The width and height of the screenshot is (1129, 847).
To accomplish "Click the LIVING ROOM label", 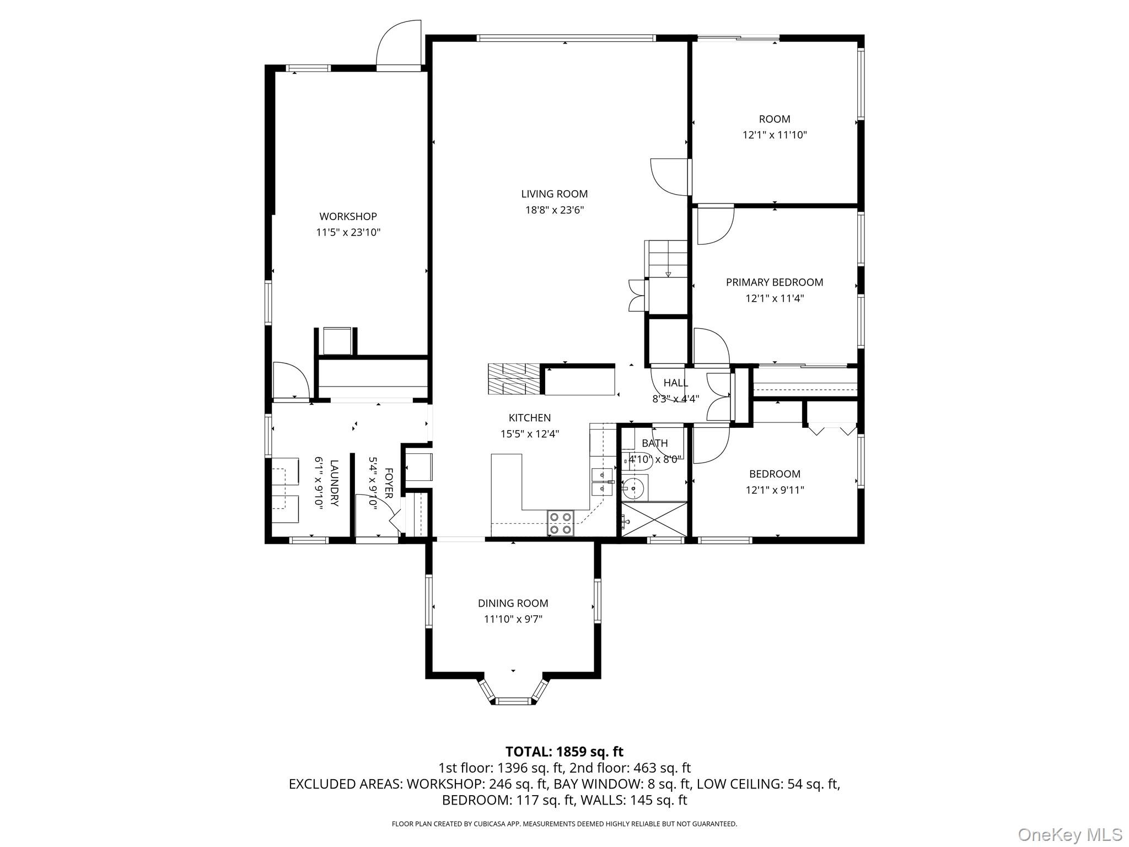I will (554, 194).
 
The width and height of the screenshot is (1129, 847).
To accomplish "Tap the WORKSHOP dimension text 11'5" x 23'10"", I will (348, 233).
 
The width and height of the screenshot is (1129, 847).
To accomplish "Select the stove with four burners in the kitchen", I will (560, 523).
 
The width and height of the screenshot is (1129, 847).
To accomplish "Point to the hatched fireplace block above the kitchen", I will (514, 379).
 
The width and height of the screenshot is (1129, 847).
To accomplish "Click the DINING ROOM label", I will (513, 603).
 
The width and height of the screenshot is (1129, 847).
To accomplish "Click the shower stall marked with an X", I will (654, 518).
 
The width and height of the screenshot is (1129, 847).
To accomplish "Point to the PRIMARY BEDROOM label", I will (774, 282).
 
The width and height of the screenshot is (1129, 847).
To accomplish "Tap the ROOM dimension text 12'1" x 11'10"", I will (774, 135).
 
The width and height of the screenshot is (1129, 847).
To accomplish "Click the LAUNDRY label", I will (334, 483).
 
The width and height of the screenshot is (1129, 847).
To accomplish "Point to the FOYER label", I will (388, 483).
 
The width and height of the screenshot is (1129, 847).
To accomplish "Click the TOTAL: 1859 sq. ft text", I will (564, 752).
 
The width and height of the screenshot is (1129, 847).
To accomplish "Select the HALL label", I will (675, 383).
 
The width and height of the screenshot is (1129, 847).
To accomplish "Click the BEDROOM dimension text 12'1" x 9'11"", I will (774, 490).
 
